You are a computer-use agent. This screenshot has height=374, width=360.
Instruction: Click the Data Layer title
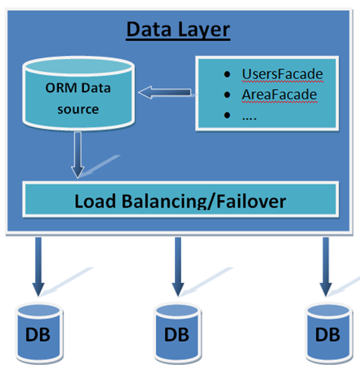coord(178,30)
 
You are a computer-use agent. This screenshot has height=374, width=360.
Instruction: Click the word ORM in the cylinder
coord(61,88)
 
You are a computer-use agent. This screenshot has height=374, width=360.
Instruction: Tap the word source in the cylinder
coord(78,109)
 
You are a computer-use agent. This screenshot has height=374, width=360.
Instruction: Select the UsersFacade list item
coord(282,74)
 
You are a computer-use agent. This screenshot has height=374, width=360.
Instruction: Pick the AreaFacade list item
coord(279,95)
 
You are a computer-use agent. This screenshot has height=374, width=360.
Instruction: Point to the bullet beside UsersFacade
coord(227,75)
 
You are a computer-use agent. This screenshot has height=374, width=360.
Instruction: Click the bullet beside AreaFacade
coord(227,95)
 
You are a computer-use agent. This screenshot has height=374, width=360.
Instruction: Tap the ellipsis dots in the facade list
coord(250,118)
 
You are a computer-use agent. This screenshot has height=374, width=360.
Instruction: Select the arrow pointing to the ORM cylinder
coord(165,92)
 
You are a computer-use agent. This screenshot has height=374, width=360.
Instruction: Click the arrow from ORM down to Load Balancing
coord(78,155)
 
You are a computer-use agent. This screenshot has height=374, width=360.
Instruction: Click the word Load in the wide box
coord(95,202)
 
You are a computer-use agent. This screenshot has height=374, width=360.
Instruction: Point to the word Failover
coord(251,202)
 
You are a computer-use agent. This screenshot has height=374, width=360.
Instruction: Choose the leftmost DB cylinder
coord(39,333)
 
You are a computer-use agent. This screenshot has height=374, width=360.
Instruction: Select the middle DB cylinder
coord(177,333)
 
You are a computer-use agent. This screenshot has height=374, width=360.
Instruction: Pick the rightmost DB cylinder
coord(329,333)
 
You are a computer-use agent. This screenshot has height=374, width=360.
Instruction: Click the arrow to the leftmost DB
coord(38,267)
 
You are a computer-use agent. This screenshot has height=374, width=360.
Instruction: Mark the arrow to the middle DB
coord(178,267)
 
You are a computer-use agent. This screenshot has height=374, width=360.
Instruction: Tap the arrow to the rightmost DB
coord(326,267)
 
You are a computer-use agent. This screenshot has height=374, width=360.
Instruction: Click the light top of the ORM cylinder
coord(78,66)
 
